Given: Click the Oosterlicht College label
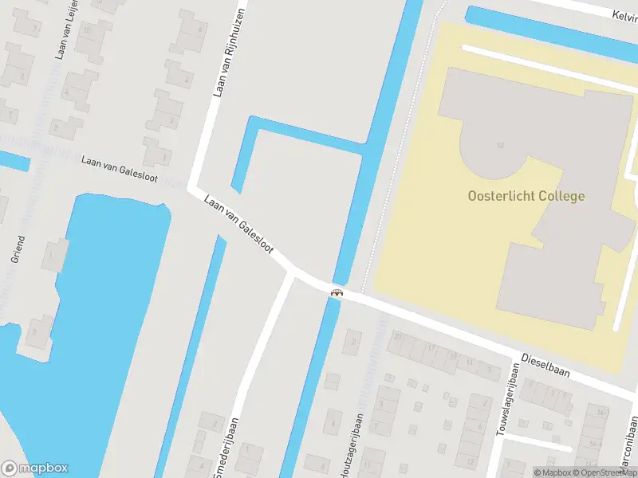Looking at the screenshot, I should coord(526,196).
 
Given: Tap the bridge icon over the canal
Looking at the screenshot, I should coord(337,292).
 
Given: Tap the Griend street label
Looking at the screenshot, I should coord(18,249).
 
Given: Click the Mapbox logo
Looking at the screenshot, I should coord(35,468).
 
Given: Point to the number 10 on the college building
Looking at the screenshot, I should coord(500,145).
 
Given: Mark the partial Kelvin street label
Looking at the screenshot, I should coord(623,16).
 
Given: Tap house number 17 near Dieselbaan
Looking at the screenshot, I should coord(430,348).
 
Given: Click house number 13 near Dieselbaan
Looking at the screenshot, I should coord(452,356).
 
